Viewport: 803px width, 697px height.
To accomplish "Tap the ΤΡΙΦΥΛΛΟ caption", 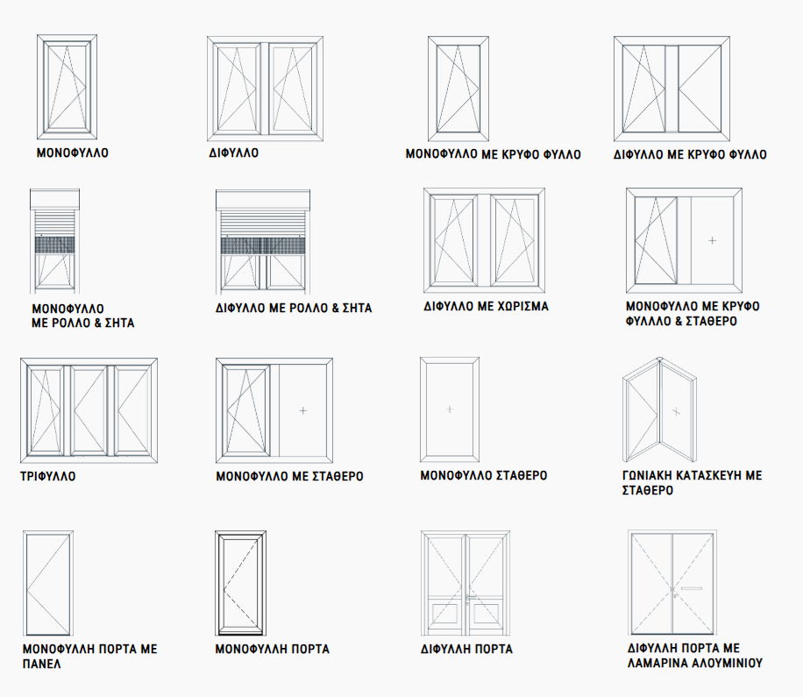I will (x=47, y=477).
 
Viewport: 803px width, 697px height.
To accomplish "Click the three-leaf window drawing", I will (x=89, y=409).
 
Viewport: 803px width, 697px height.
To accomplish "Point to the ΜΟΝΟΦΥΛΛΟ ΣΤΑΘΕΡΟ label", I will (x=484, y=475).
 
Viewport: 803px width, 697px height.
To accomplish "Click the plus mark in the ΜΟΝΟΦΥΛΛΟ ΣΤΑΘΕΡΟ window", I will (x=449, y=409).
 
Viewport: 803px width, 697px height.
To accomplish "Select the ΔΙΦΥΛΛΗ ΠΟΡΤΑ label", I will (x=466, y=649).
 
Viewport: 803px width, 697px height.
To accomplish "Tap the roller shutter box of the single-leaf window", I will (x=55, y=200).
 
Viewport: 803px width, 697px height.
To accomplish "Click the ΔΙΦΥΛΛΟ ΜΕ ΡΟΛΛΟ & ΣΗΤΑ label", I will (x=294, y=309).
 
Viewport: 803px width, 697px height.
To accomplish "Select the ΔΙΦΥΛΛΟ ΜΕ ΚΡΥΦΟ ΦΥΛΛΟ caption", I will (x=690, y=154).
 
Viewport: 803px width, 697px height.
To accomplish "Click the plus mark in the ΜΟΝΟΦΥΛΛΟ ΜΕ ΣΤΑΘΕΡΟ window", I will (x=303, y=409).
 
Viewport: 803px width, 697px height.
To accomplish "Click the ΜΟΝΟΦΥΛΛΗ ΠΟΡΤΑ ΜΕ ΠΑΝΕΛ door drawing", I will (x=50, y=583).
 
